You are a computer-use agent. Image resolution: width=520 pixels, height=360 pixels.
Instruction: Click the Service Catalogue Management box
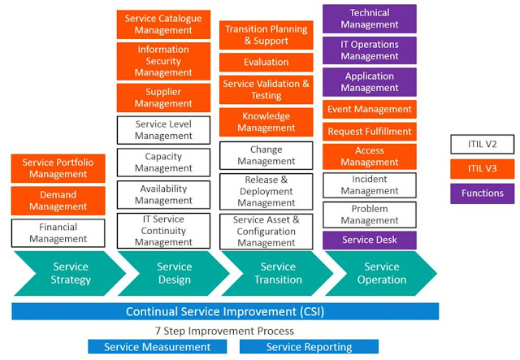point(163,24)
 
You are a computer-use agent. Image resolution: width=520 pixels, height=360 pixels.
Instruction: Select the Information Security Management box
point(163,61)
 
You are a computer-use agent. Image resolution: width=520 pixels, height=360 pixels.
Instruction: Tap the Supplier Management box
point(163,98)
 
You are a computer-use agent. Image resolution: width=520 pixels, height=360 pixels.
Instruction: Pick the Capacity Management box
point(163,163)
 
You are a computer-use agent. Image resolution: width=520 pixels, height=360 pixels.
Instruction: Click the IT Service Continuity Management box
point(163,230)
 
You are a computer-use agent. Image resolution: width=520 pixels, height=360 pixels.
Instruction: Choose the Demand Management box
point(58,201)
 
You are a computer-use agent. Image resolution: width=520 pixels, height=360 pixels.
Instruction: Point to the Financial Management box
point(58,233)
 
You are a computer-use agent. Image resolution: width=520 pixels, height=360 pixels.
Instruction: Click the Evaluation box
point(266,62)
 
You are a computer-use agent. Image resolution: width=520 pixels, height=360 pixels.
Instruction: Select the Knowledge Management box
point(266,122)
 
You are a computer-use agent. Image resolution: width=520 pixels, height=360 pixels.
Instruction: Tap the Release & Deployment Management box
point(266,191)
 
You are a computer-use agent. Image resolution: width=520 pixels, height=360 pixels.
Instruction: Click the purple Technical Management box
point(370,19)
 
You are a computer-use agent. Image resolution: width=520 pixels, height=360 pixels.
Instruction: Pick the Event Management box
point(370,109)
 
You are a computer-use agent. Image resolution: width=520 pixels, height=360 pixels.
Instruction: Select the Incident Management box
point(370,185)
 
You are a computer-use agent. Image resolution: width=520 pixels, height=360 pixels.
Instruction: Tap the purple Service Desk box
point(370,241)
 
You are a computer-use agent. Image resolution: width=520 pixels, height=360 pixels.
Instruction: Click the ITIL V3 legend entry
point(482,169)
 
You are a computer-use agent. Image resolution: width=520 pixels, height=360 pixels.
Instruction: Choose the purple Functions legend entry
point(482,193)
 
